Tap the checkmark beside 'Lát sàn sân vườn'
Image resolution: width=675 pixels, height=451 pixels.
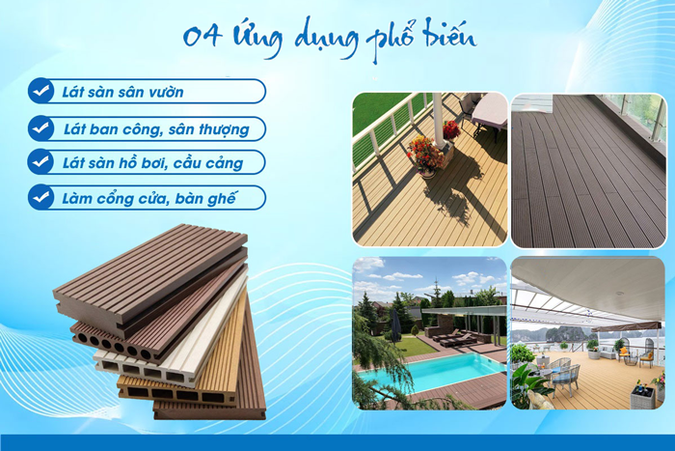coord(40,92)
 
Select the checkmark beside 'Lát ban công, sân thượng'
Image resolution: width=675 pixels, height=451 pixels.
coord(40,127)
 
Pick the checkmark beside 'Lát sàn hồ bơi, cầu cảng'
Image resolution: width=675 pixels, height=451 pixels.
coord(40,161)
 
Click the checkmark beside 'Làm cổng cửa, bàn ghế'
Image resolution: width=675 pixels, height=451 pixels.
coord(40,197)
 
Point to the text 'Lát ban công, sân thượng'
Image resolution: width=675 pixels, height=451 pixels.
coord(156,128)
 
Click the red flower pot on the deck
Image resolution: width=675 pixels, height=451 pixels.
coord(424,155)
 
